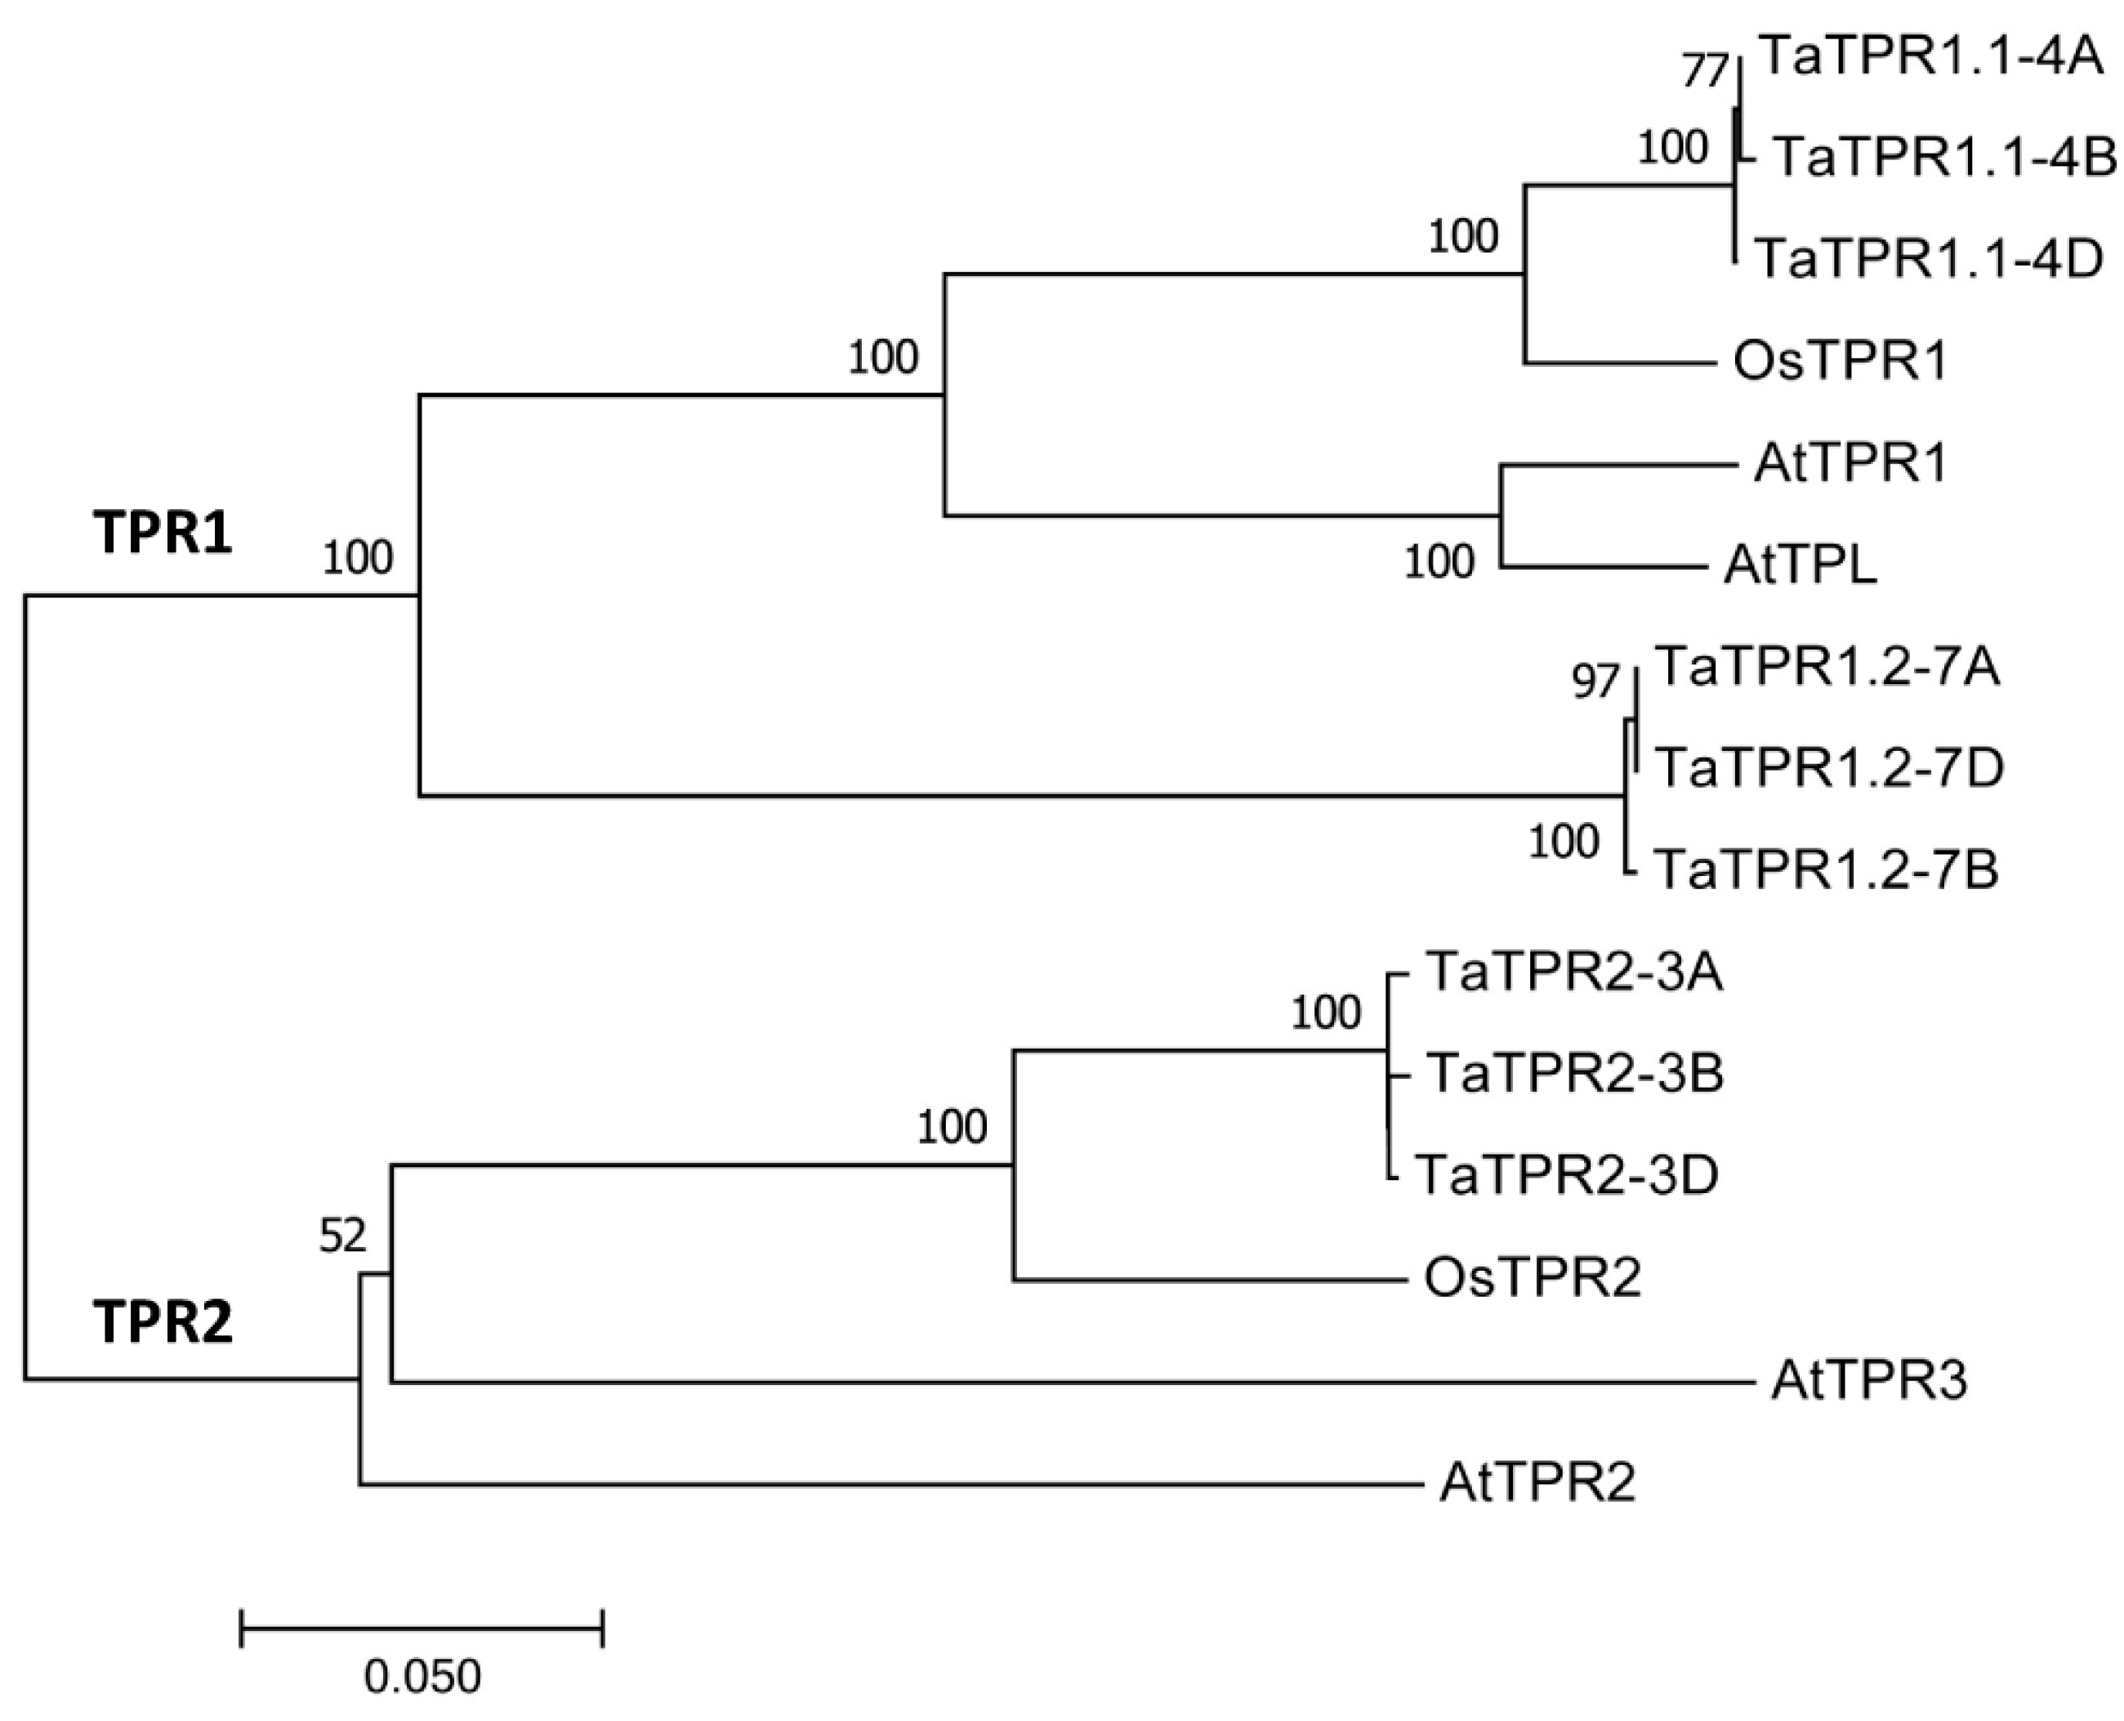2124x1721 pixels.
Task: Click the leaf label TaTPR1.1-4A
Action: click(1930, 57)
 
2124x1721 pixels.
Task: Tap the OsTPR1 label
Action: click(1840, 361)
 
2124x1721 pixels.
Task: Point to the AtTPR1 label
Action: click(1850, 463)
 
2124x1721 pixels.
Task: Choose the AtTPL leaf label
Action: click(1800, 566)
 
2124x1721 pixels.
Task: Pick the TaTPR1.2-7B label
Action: click(1827, 869)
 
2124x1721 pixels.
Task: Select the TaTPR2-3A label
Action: click(1574, 972)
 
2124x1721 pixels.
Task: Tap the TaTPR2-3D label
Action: click(1566, 1176)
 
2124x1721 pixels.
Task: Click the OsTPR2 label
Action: click(1533, 1278)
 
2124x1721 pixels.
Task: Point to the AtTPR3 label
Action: click(1868, 1381)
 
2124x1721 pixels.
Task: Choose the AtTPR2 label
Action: click(1537, 1483)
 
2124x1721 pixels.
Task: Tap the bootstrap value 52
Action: click(342, 1236)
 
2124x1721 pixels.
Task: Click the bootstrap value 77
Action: click(1705, 71)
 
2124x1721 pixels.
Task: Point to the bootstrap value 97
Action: click(1595, 682)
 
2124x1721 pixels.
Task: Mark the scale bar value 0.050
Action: click(422, 1676)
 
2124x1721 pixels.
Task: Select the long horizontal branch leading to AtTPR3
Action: click(1070, 1381)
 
